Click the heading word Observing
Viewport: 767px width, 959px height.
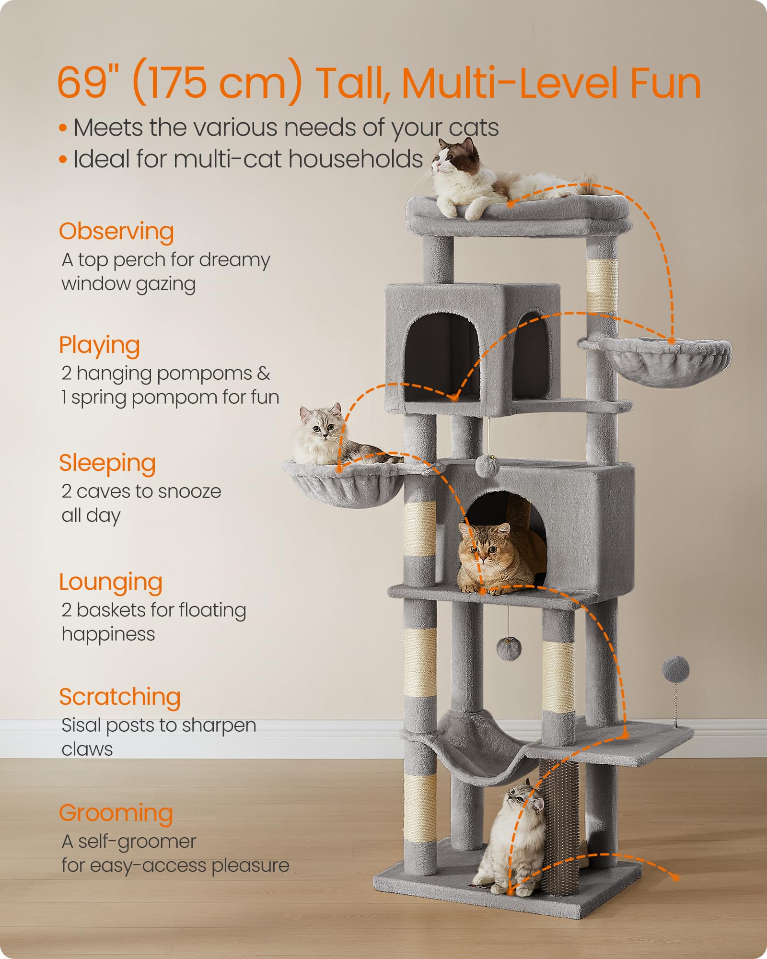(x=116, y=232)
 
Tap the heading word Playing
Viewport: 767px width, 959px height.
(x=99, y=346)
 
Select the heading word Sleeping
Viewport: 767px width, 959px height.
(x=107, y=464)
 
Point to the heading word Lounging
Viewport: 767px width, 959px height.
(x=111, y=583)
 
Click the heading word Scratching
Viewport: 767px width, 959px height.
(x=120, y=697)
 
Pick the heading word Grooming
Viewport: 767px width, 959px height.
(x=116, y=814)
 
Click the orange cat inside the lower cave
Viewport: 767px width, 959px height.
(x=494, y=559)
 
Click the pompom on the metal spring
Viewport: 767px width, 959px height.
(x=676, y=669)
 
